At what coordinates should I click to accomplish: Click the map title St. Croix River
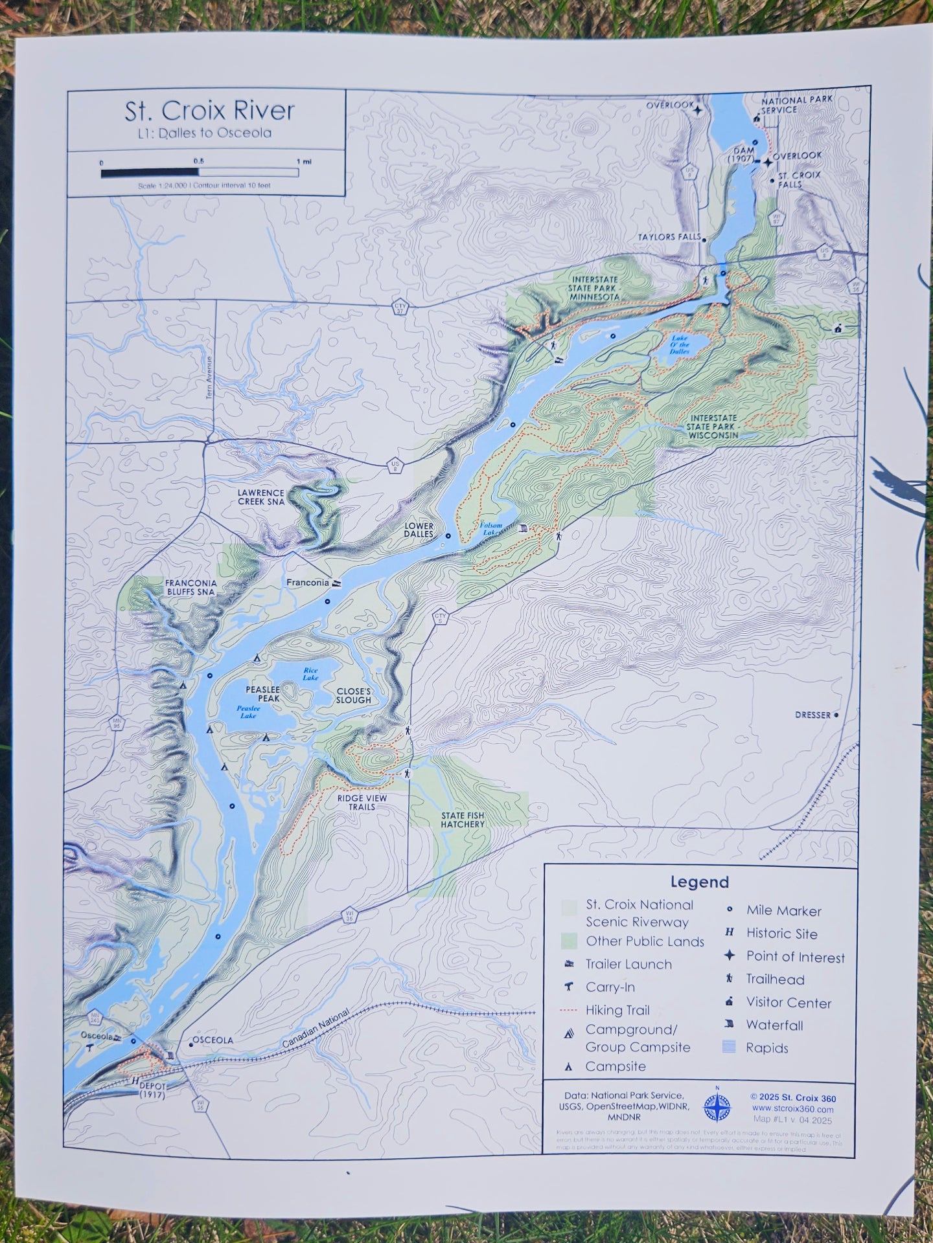click(x=209, y=111)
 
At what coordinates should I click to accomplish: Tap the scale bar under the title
click(x=200, y=172)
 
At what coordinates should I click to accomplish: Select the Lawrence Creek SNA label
click(x=260, y=497)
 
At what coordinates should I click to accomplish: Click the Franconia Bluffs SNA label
click(x=190, y=587)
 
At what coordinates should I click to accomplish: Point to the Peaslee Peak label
click(x=262, y=694)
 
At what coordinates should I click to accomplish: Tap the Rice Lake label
click(x=310, y=674)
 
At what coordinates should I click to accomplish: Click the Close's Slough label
click(x=354, y=696)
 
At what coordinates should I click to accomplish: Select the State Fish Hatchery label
click(x=463, y=820)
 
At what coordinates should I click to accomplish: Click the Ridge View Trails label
click(x=362, y=802)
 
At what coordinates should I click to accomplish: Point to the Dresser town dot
click(x=836, y=715)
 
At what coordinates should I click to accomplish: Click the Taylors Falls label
click(x=669, y=237)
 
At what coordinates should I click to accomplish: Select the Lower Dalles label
click(x=419, y=530)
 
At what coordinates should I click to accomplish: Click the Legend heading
click(x=699, y=882)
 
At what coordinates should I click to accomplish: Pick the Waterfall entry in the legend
click(x=774, y=1025)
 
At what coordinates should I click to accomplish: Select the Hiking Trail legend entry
click(x=617, y=1010)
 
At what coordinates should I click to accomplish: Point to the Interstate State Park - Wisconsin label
click(x=713, y=427)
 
